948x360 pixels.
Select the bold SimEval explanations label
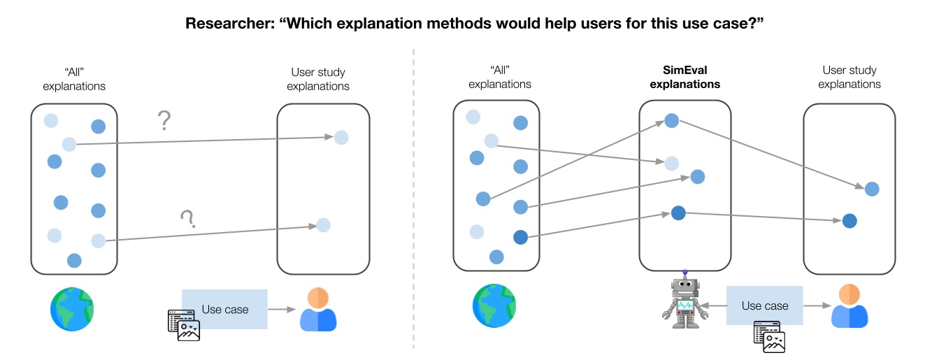[x=684, y=77]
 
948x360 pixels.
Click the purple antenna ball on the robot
[x=685, y=273]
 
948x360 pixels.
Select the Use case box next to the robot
[x=764, y=305]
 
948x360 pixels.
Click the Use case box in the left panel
[x=224, y=309]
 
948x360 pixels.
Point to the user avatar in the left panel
[x=318, y=308]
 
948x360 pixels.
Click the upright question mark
[x=164, y=121]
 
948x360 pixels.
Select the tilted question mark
[x=187, y=219]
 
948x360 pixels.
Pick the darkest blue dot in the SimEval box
[x=677, y=213]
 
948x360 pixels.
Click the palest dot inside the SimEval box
[x=671, y=164]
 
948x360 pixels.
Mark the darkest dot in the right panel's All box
[x=520, y=238]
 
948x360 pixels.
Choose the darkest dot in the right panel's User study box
[x=849, y=221]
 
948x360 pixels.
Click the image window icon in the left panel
[x=184, y=325]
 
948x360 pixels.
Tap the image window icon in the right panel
[x=769, y=337]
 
